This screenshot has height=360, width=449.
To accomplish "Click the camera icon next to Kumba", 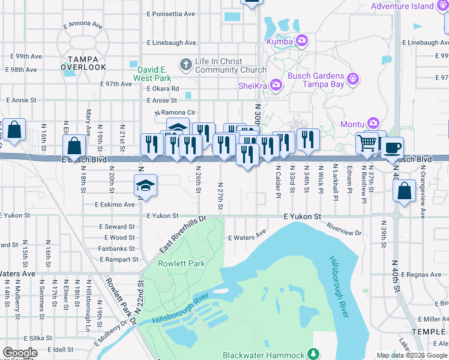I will (x=302, y=41).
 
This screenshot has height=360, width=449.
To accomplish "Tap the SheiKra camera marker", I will (x=276, y=85).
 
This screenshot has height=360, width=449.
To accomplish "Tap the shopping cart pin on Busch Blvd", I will (x=366, y=143).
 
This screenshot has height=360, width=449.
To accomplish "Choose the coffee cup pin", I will (x=392, y=147).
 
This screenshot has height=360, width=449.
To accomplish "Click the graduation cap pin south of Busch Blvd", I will (x=145, y=186).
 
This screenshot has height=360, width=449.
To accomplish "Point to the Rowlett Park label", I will (x=181, y=263).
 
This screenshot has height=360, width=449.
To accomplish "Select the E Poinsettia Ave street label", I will (x=171, y=13).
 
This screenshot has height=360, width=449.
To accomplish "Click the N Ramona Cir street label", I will (x=175, y=112).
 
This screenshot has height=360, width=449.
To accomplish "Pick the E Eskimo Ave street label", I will (x=115, y=205).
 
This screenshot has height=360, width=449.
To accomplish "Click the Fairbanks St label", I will (x=116, y=248).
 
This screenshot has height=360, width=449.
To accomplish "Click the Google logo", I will (x=20, y=353).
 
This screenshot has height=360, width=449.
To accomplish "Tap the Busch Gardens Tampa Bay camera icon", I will (x=353, y=79).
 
